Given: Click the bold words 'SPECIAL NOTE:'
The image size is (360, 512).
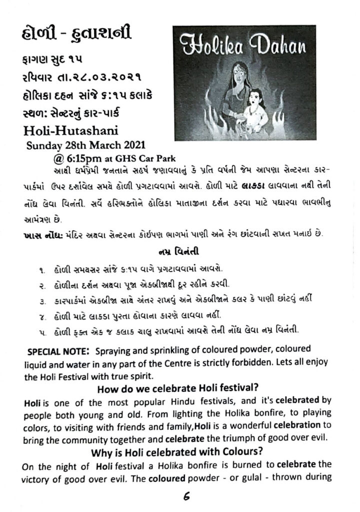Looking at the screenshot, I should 58,352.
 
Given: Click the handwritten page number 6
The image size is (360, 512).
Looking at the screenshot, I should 180,497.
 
